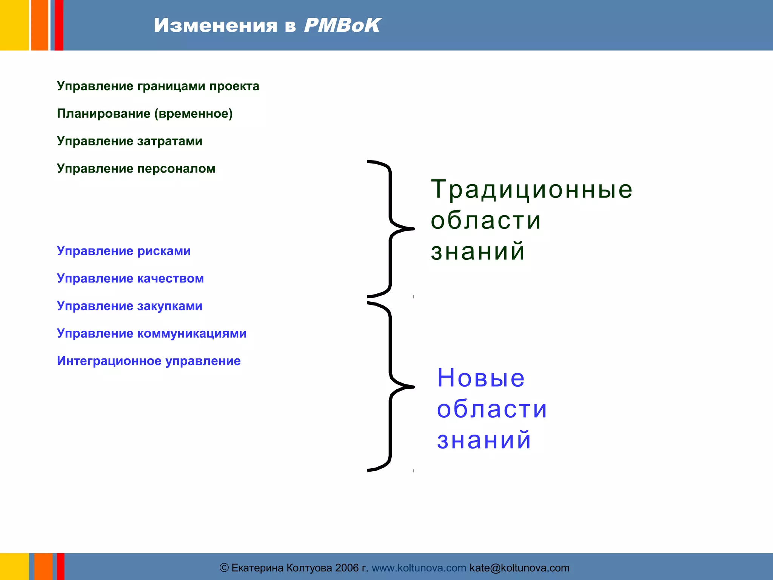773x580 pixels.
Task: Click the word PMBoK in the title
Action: [x=342, y=25]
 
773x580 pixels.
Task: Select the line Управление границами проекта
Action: [x=158, y=86]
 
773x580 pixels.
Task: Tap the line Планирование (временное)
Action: [x=145, y=114]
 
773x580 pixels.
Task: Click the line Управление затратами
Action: [x=129, y=141]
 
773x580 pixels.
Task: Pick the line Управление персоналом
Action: [x=136, y=168]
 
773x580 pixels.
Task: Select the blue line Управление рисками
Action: [x=123, y=251]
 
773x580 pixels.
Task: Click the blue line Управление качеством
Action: [x=130, y=279]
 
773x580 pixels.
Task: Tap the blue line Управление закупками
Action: [x=129, y=306]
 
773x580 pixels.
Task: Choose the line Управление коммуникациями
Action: [x=151, y=333]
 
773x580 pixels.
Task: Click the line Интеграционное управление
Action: [x=148, y=361]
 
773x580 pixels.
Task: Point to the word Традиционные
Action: [x=531, y=189]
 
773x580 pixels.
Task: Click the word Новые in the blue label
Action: [x=480, y=378]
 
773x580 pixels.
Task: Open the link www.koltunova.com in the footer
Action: [x=419, y=568]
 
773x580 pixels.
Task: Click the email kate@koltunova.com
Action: [x=519, y=568]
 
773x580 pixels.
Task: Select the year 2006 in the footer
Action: [x=346, y=568]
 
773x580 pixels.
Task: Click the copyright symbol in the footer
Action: [x=224, y=568]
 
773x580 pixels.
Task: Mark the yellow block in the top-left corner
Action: [x=14, y=25]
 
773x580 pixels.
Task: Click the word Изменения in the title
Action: [x=215, y=25]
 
